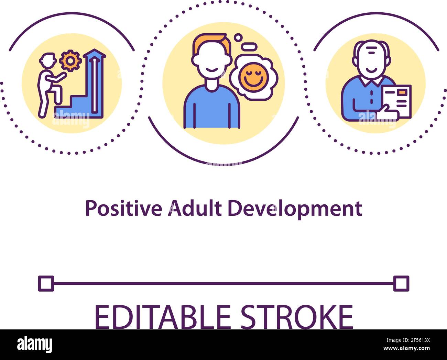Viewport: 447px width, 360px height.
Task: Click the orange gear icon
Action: click(x=70, y=61)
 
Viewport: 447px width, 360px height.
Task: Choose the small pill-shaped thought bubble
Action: click(x=249, y=46)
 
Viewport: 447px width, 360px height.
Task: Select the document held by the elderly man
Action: click(x=397, y=100)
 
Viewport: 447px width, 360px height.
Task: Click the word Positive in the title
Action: click(x=123, y=209)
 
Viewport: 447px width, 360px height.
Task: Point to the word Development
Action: click(x=295, y=209)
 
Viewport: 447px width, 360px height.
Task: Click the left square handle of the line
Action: click(x=46, y=284)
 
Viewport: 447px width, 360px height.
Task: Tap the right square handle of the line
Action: click(x=401, y=284)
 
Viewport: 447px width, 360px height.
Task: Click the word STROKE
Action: click(x=296, y=317)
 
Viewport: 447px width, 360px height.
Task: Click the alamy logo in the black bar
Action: click(x=34, y=344)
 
